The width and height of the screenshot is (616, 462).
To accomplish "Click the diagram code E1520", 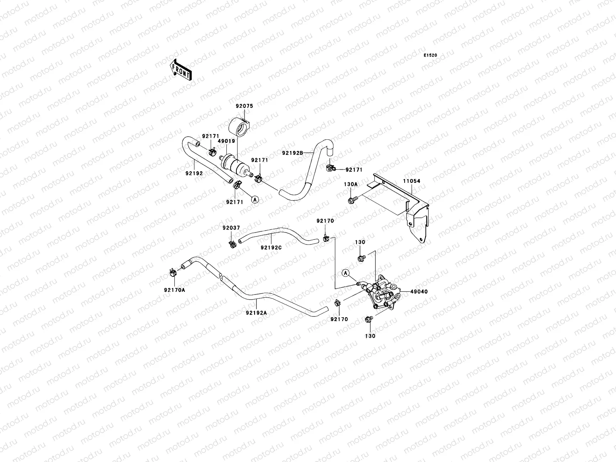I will [x=430, y=55].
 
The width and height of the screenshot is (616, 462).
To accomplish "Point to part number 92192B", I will [x=293, y=153].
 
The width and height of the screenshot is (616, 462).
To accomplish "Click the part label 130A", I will [x=350, y=184].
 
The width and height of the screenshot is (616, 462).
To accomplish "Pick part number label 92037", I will [x=231, y=228].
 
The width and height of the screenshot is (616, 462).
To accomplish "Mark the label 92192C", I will [x=271, y=248].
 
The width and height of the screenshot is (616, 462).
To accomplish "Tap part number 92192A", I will [x=256, y=313].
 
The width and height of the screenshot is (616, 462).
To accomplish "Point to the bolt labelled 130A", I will [x=352, y=200].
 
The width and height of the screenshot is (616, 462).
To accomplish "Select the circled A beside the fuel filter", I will [x=254, y=199].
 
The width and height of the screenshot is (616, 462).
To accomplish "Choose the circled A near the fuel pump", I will [x=346, y=273].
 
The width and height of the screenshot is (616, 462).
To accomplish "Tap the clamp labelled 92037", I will [x=232, y=244].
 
